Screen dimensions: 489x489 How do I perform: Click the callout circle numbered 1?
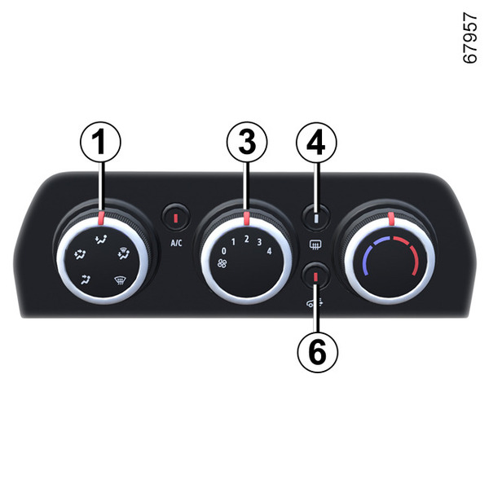coord(100,142)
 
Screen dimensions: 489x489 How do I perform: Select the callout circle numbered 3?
coord(247,142)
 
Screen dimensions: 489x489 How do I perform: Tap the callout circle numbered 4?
coord(316,142)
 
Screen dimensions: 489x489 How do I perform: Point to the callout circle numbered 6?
coord(318,352)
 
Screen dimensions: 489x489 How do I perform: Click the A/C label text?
coord(176,243)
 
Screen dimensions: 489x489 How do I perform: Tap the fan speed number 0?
coord(223,251)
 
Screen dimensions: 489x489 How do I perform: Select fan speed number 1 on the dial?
coord(233,242)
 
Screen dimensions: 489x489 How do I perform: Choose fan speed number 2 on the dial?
coord(247,239)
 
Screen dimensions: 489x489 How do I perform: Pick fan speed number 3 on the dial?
coord(259,242)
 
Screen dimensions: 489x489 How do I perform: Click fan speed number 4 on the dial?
coord(270,251)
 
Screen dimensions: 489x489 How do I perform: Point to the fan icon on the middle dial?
coord(222,263)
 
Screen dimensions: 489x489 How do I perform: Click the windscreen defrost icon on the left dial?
coord(119,280)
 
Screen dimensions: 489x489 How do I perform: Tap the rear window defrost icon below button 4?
coord(316,245)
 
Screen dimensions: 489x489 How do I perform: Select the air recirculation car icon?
coord(315,303)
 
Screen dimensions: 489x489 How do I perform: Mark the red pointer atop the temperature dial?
coord(390,218)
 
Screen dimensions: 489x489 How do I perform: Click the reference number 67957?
coord(469,37)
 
